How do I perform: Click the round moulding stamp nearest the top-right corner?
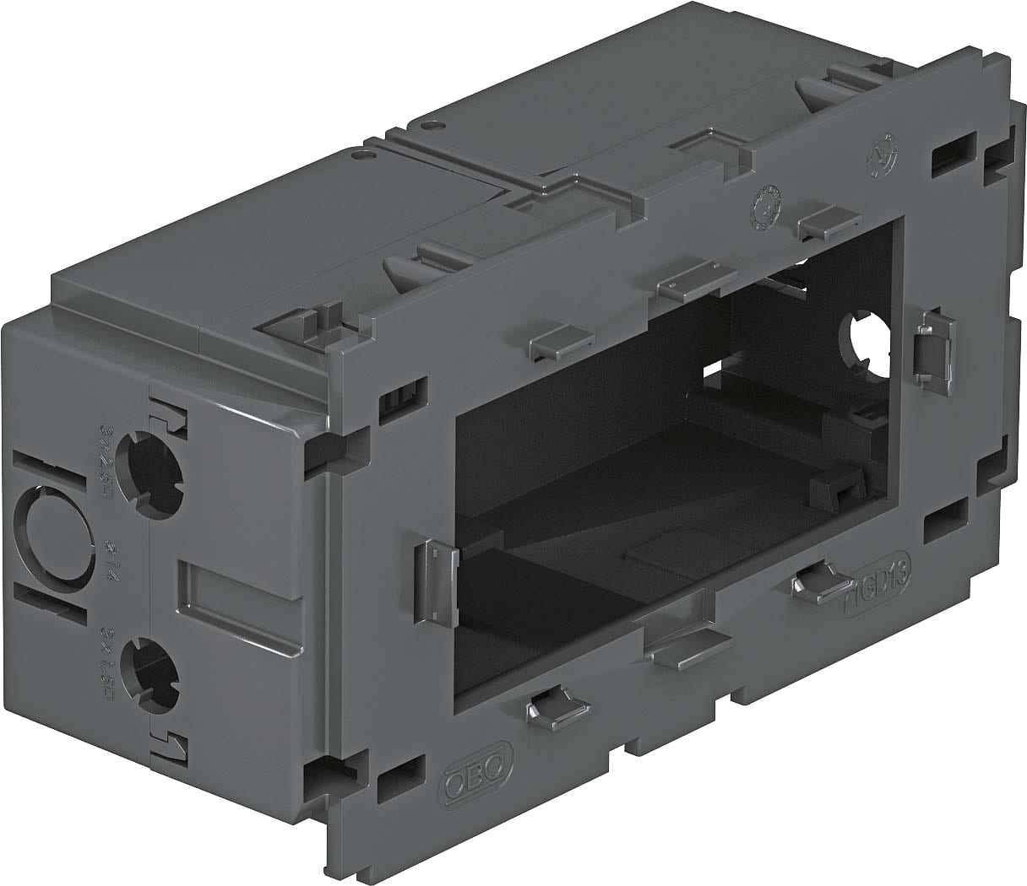pos(883,150)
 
